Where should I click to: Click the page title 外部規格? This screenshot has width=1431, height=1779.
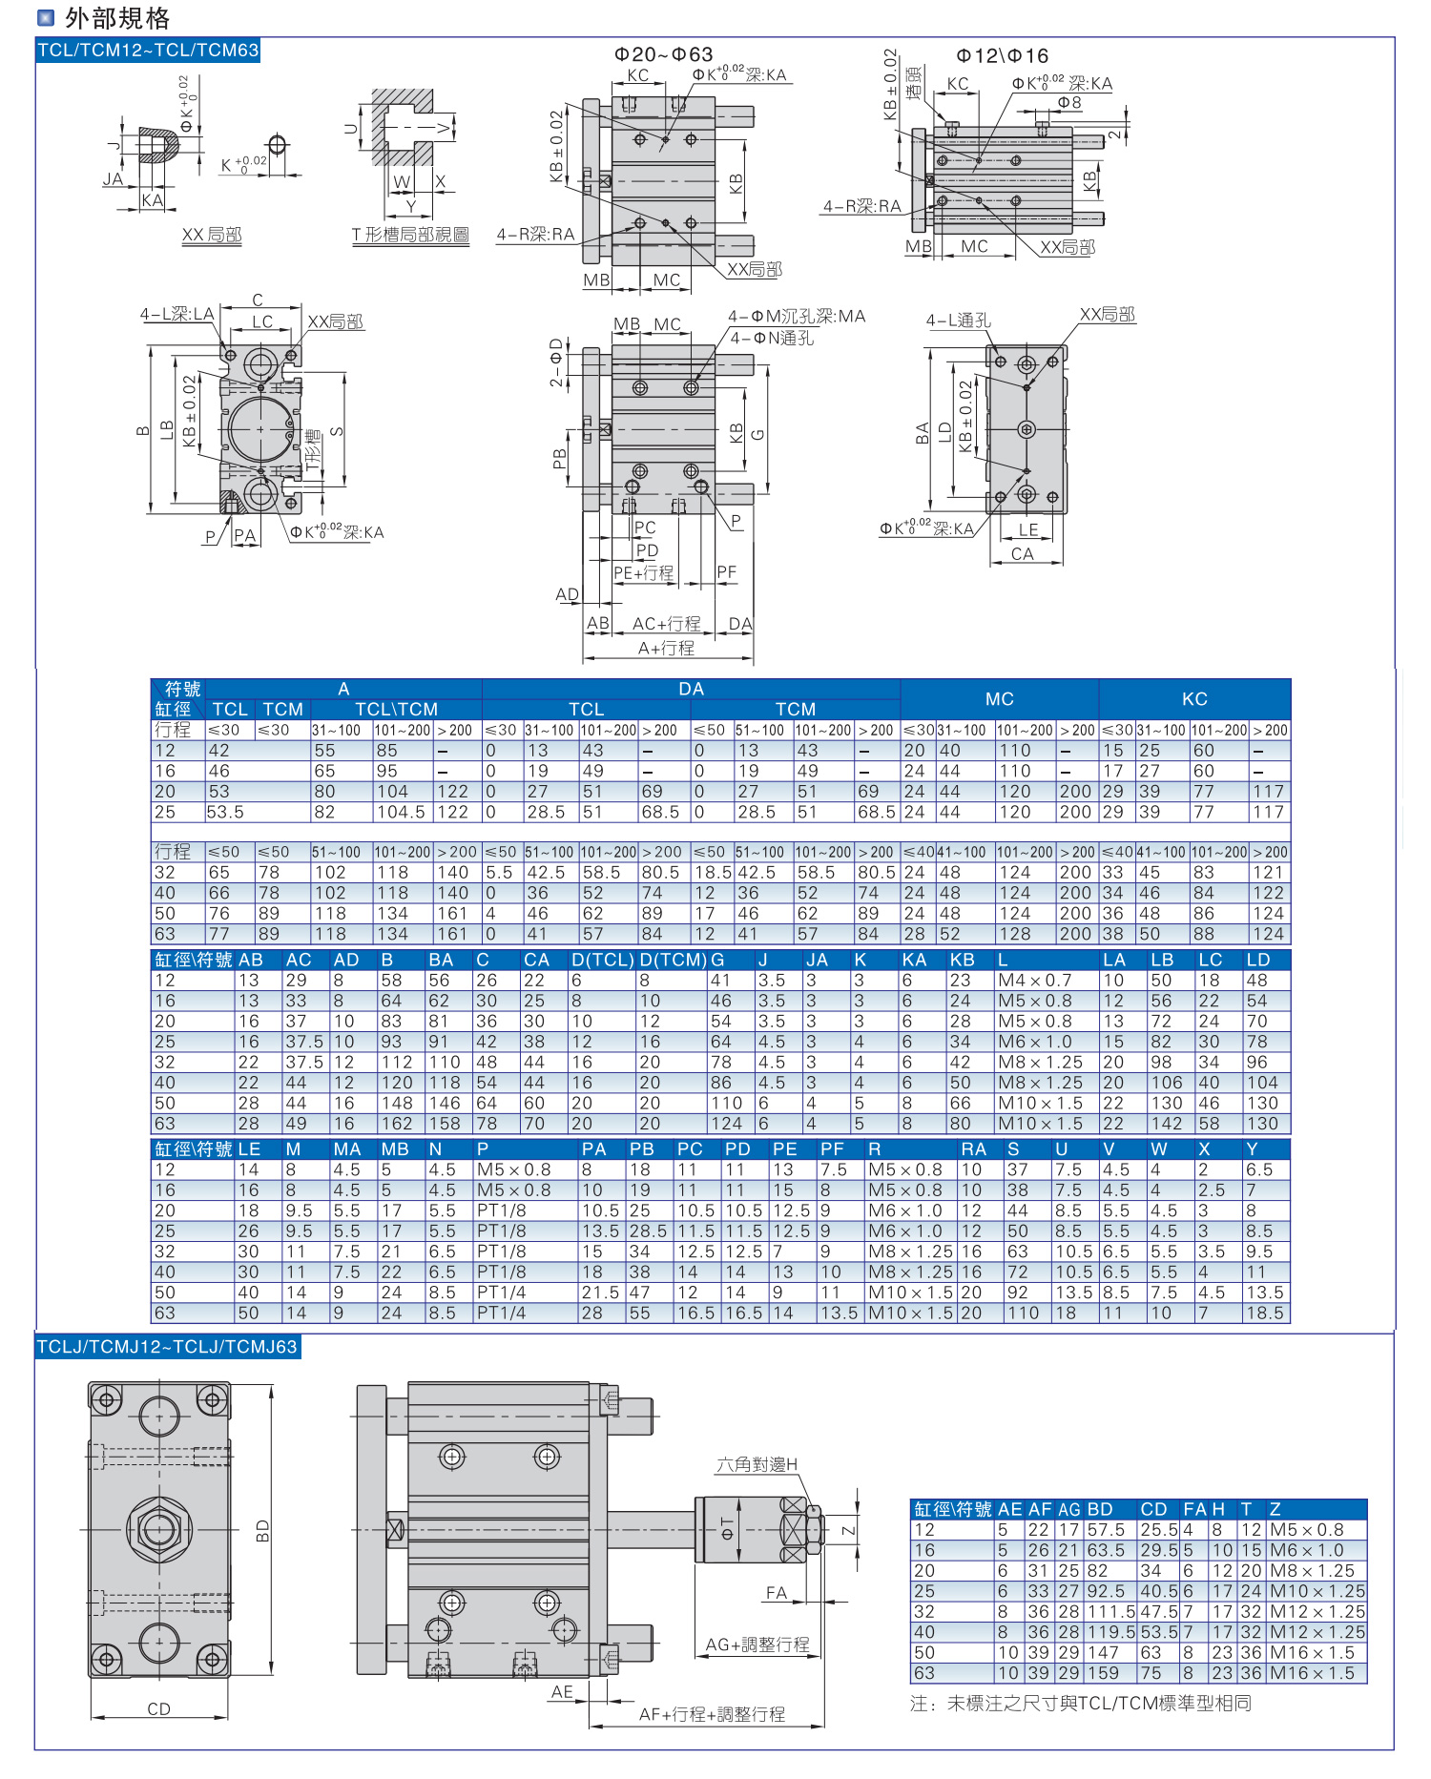116,17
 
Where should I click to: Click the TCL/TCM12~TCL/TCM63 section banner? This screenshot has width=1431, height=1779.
148,51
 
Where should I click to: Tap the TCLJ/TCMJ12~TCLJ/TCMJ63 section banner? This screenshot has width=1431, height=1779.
167,1347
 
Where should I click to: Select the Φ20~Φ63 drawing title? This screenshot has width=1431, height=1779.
663,54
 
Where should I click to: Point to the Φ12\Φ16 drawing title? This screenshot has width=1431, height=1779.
1002,56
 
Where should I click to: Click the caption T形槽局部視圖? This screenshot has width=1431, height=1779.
410,235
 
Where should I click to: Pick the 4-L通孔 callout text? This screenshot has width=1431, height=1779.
958,321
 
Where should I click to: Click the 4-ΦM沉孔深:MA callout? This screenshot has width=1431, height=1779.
797,316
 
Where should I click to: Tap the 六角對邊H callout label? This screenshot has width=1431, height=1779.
757,1464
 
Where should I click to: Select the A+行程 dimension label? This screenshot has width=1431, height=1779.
666,649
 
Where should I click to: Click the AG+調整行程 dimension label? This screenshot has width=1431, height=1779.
757,1645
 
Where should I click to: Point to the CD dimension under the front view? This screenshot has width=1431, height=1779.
158,1709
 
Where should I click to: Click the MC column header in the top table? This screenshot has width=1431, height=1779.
999,699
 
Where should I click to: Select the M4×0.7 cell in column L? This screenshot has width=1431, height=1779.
1035,981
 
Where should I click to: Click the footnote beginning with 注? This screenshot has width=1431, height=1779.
1080,1704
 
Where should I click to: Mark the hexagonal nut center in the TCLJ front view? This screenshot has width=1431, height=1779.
159,1529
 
